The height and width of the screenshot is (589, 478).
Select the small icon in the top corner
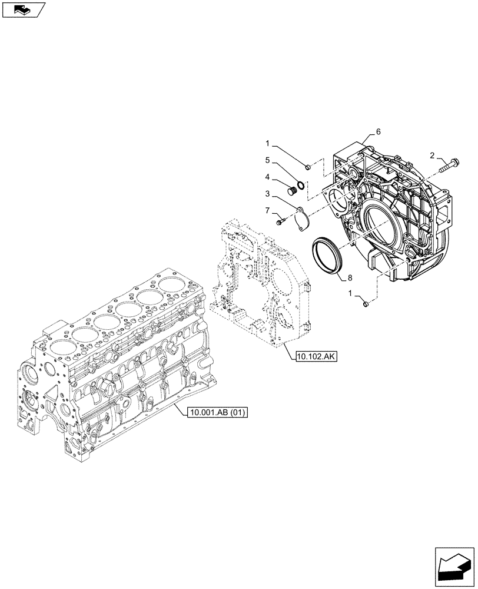click(x=23, y=10)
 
